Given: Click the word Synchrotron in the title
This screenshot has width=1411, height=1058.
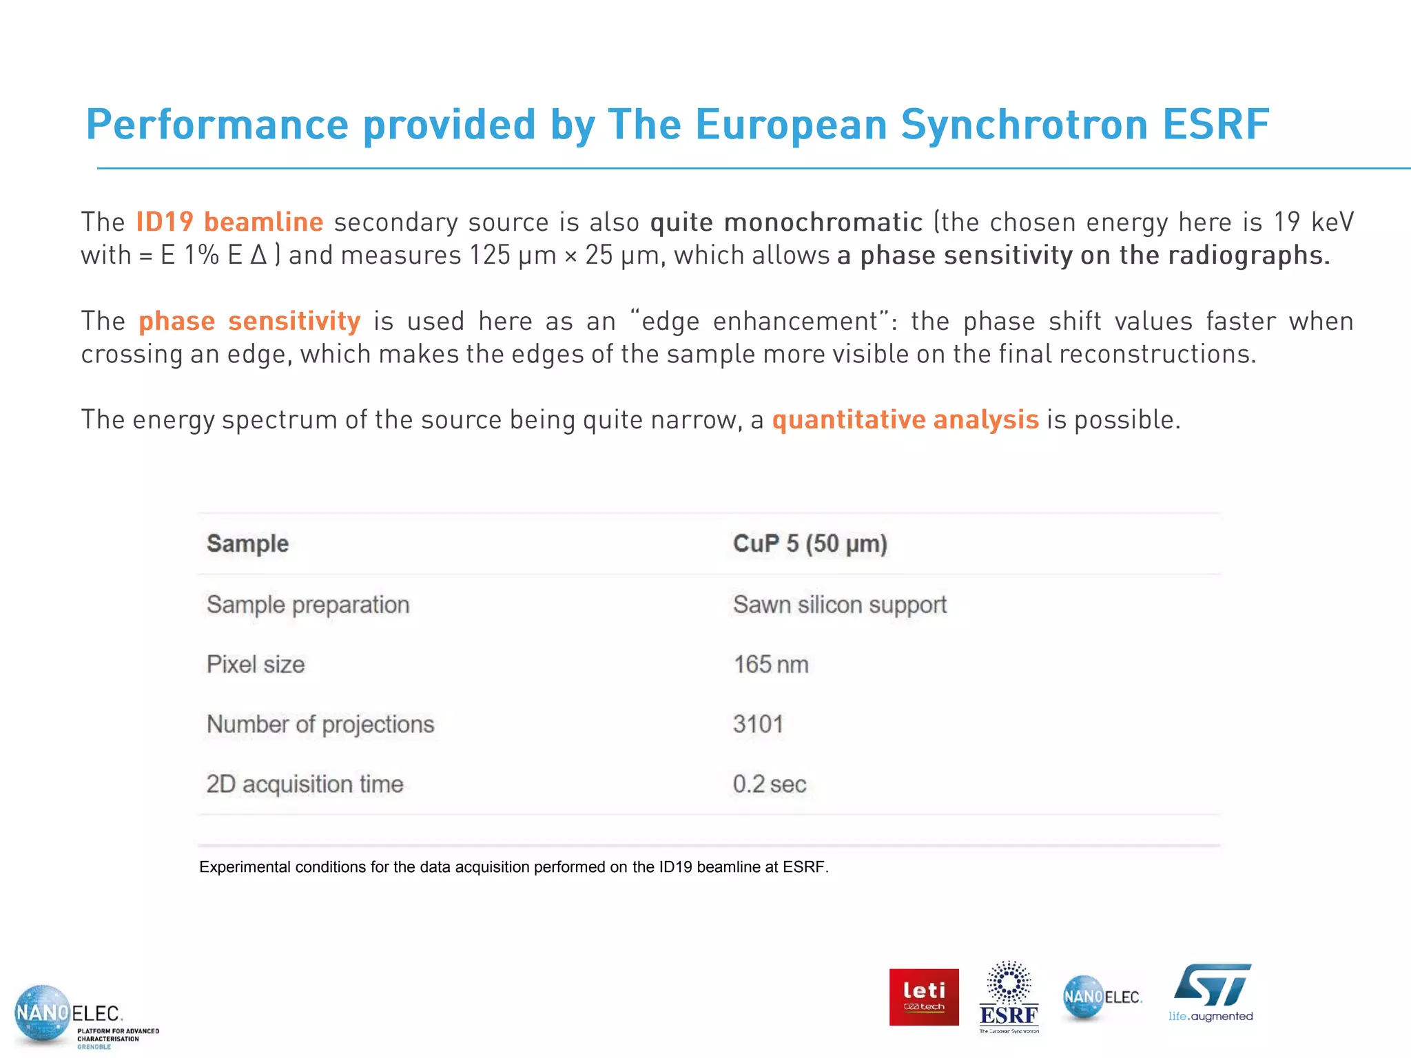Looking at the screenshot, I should pos(1024,125).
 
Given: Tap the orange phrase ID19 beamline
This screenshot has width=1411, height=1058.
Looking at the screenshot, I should pos(229,222).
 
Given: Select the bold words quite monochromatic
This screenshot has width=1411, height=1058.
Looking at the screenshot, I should pos(786,222).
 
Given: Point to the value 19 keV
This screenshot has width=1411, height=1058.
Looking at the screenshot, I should pos(1313,222).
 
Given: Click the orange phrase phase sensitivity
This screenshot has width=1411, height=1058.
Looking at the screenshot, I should pos(249,321).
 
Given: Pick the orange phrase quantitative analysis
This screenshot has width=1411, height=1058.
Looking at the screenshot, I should pos(905,419).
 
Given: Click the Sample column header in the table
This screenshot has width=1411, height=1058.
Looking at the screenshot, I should pos(248,543).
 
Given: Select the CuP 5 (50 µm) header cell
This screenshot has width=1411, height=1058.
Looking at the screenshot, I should pos(810,543).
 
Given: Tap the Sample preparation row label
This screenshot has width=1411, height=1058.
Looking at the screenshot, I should pos(308,604).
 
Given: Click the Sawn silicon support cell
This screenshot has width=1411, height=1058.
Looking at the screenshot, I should pos(839,604).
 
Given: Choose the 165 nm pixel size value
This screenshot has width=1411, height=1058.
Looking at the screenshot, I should pos(770,664).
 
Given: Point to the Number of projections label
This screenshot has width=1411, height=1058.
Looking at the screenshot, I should pos(320,724).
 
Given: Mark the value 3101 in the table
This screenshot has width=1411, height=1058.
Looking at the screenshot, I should pos(758,724).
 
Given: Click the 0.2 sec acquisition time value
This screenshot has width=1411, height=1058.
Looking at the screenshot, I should pos(769,784).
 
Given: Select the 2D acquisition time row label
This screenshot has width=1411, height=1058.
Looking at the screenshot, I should pos(305,784).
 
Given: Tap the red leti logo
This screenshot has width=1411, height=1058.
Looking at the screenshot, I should pos(924,997).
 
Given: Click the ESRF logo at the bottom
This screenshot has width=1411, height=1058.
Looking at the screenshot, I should pos(1009,997).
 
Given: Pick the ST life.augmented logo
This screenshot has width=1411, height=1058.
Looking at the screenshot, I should pos(1211,992).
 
